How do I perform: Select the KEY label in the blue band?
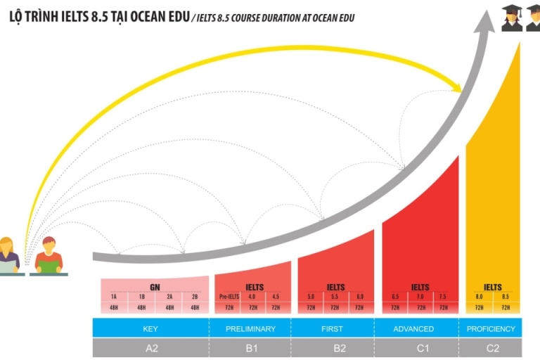coord(150,328)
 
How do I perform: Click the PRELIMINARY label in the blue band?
coord(250,328)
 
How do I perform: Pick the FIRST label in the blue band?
coord(333,328)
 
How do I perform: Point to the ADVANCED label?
coord(414,328)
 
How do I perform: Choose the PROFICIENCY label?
coord(491,328)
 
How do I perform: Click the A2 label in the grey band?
coord(150,347)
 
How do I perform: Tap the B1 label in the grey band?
coord(250,347)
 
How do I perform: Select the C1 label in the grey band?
coord(414,347)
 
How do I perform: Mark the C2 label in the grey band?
coord(491,347)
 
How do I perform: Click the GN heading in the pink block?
coord(155,287)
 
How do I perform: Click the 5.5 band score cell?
coord(335,297)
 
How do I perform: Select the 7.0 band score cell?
coord(420,297)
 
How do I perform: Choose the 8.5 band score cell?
coord(505,297)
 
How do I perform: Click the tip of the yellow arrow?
coord(461,89)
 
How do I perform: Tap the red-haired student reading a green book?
coord(49,256)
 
